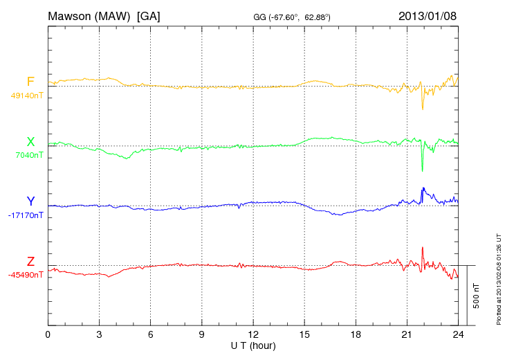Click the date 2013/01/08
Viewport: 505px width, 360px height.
(428, 15)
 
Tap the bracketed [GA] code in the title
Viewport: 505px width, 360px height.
(149, 15)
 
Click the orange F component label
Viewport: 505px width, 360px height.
(30, 82)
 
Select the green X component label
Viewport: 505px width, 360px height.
(30, 142)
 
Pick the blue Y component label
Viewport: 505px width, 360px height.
(30, 201)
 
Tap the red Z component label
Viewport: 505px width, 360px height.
(30, 261)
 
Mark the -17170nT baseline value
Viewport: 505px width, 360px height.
(26, 215)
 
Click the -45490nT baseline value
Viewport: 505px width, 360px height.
(26, 275)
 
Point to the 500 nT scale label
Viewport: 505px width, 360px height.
(476, 296)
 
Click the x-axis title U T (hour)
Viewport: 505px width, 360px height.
(253, 345)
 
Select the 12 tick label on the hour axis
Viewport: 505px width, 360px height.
(253, 334)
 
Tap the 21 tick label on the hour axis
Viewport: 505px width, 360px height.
(407, 334)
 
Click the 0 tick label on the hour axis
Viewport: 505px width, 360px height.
(48, 334)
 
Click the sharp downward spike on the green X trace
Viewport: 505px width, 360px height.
(422, 170)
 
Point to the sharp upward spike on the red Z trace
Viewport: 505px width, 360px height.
(422, 248)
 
